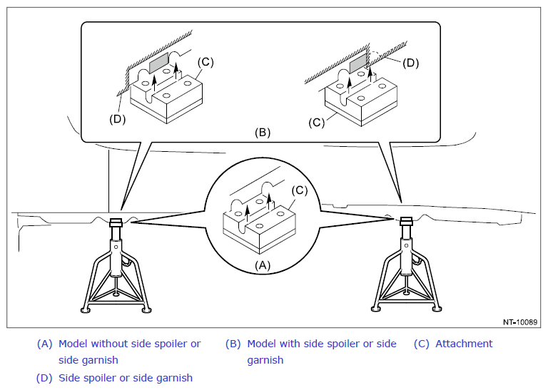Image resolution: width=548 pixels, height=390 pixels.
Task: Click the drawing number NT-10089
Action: (x=519, y=322)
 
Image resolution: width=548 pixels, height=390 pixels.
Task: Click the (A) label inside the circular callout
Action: (x=263, y=266)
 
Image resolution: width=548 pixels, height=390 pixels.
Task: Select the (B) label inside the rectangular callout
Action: (x=263, y=133)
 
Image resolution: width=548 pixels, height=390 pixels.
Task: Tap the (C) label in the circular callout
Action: (x=300, y=190)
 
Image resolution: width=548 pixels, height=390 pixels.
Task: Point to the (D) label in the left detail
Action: (x=117, y=119)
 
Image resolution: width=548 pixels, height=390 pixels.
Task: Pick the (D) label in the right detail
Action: (x=411, y=63)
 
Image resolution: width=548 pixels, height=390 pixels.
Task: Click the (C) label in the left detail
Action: (x=205, y=62)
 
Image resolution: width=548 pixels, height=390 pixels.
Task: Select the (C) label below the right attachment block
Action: (x=317, y=123)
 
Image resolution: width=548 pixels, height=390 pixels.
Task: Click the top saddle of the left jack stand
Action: (x=116, y=222)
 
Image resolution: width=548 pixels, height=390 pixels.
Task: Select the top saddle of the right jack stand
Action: (x=406, y=221)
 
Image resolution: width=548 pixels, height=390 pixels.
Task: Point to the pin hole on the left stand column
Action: (x=116, y=247)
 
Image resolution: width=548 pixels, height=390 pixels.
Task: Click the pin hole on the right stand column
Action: (x=406, y=246)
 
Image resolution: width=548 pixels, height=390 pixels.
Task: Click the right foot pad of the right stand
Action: (x=437, y=309)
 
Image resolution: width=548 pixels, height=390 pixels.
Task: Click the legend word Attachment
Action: (x=464, y=344)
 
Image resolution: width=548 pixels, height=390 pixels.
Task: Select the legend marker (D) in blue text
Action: (x=44, y=378)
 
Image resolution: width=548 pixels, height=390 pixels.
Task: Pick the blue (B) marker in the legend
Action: (x=233, y=344)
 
